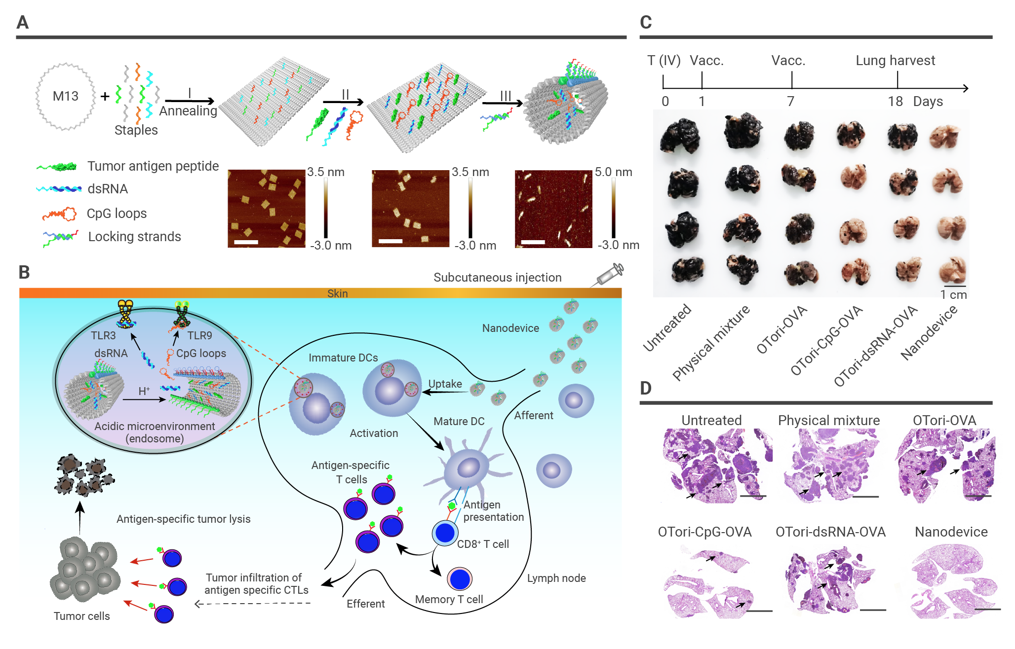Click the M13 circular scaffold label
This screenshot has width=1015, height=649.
[x=65, y=96]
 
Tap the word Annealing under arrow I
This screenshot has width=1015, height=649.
[x=188, y=111]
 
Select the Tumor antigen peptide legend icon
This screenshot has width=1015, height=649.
[x=57, y=167]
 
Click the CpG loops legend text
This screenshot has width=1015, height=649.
[x=117, y=213]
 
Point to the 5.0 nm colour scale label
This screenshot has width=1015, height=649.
[x=613, y=172]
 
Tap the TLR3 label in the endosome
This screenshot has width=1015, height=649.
[x=103, y=335]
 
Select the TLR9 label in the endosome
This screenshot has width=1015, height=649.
[x=199, y=335]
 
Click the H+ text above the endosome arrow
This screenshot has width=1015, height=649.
[x=144, y=391]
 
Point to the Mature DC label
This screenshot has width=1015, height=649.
[x=459, y=421]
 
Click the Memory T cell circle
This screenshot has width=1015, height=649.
[x=460, y=579]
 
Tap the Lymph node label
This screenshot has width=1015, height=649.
[x=556, y=578]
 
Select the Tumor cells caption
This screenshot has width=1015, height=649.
[x=82, y=616]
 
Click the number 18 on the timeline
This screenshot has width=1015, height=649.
[x=895, y=101]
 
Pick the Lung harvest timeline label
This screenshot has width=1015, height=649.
[x=895, y=60]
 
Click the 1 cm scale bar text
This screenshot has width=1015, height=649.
[x=953, y=294]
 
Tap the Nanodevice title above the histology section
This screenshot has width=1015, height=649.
[x=951, y=532]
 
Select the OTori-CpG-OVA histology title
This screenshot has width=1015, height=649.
[x=704, y=532]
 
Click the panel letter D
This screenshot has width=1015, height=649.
[x=646, y=388]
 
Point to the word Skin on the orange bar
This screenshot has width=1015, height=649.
[x=338, y=293]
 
